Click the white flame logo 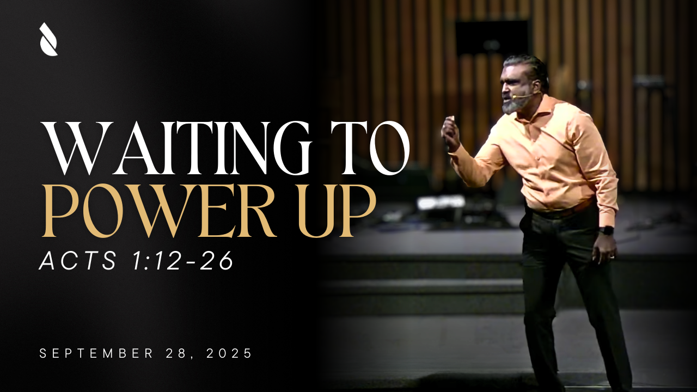[48, 39]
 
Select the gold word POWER [159, 211]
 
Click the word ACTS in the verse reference [78, 260]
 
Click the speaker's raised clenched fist [450, 133]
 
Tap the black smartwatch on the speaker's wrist [607, 231]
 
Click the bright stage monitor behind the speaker [441, 202]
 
